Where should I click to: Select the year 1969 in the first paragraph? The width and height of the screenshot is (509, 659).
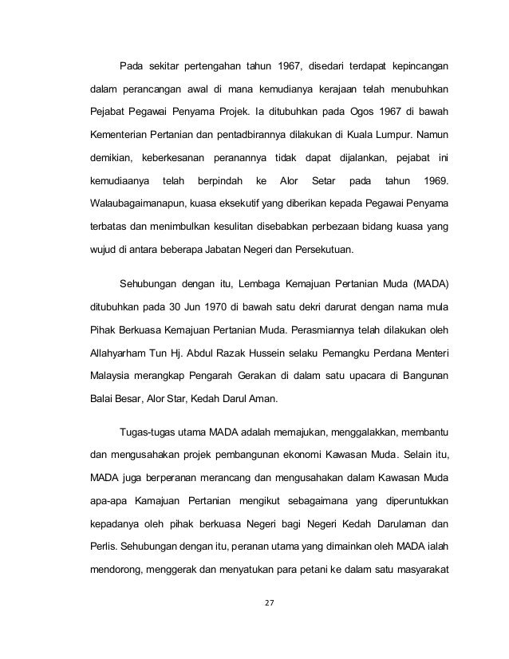[432, 181]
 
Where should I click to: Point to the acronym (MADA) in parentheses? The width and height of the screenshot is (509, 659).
[428, 282]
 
